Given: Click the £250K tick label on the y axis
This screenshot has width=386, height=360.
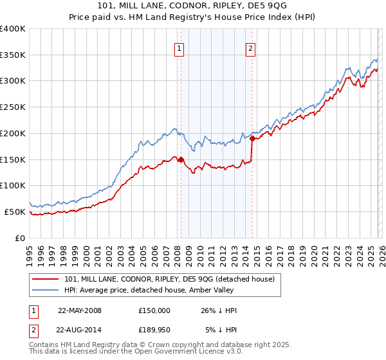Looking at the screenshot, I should tap(13, 107).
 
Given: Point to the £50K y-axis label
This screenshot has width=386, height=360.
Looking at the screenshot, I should tap(15, 212).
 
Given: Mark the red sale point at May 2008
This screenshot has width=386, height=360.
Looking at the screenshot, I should tap(181, 159).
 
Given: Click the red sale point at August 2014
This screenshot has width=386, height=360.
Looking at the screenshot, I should tap(252, 138).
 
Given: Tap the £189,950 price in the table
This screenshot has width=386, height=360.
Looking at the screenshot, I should tap(154, 330).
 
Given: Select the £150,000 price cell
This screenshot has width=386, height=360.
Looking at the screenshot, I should tap(154, 310).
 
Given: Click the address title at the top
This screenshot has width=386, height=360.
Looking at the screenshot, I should tap(192, 7).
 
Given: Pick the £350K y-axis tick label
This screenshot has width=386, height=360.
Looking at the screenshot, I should tap(13, 55).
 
